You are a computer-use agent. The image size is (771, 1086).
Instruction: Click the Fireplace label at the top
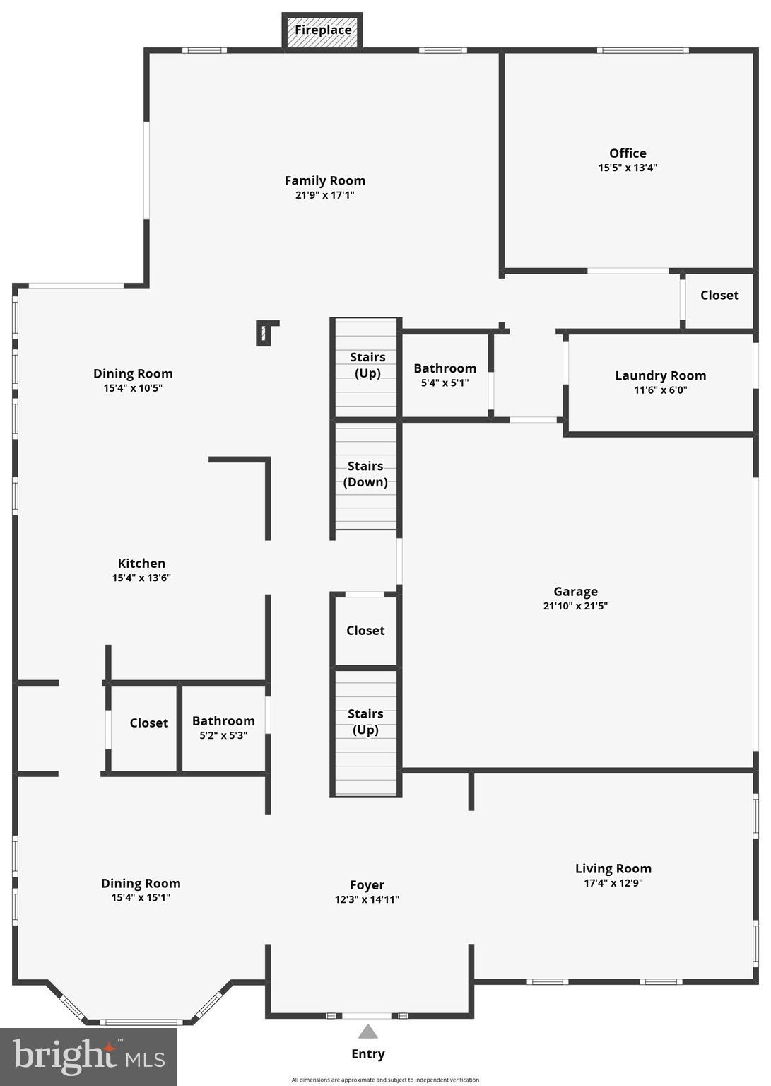tap(323, 30)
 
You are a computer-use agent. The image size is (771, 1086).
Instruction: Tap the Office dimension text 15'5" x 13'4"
tap(628, 168)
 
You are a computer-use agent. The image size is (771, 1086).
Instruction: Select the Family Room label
tap(324, 181)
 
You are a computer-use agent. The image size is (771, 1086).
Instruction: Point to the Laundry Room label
tap(660, 376)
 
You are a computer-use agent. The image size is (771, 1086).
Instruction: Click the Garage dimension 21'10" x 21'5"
tap(575, 606)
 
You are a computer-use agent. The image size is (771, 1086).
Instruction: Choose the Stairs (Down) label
tap(365, 474)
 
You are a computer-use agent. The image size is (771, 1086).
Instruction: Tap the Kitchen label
tap(141, 564)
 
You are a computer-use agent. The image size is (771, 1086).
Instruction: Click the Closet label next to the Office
tap(719, 296)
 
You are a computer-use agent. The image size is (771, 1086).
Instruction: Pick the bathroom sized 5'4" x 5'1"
tap(445, 375)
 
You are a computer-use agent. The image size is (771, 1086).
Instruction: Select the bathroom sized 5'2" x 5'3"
tap(223, 728)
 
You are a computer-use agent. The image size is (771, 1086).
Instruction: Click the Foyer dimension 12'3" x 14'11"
tap(367, 900)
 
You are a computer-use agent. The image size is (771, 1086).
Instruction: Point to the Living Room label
tap(613, 869)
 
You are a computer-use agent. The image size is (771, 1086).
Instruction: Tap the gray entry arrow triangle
tap(367, 1032)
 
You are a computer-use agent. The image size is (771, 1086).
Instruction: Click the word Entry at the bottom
tap(367, 1054)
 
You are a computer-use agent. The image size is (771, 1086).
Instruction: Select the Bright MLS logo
tap(88, 1056)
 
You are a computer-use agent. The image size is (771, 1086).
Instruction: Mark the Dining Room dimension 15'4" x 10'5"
tap(133, 388)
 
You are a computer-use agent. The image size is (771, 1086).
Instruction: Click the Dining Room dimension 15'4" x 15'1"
tap(141, 898)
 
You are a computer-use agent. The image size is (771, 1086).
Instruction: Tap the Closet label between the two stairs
tap(365, 631)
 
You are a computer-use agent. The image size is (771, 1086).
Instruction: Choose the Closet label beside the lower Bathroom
tap(148, 723)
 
